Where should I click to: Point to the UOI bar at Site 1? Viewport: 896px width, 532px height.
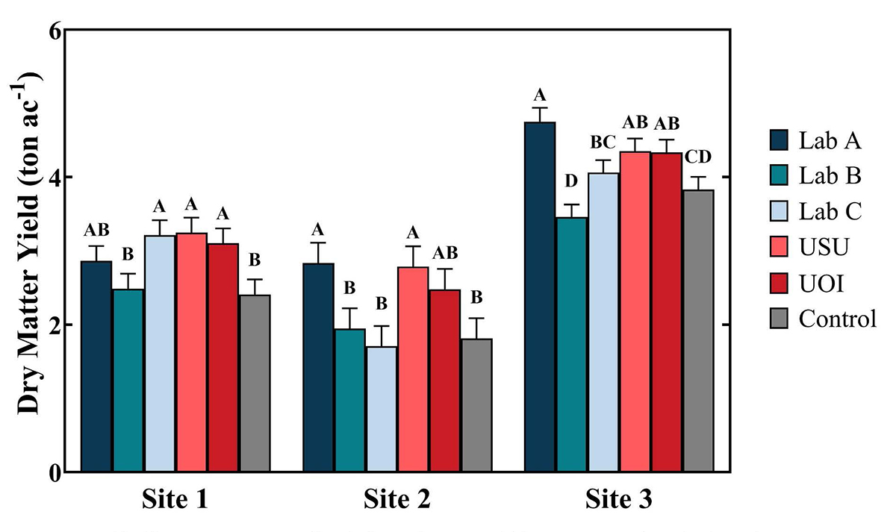tap(223, 357)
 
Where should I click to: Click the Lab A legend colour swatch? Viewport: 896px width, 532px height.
tap(780, 140)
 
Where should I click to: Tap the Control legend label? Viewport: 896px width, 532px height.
tap(836, 319)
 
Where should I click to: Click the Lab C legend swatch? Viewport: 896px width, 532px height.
tap(780, 212)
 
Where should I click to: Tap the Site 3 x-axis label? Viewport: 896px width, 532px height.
tap(618, 498)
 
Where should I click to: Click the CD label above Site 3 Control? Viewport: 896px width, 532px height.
tap(698, 157)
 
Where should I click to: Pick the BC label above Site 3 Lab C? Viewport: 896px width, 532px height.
tap(603, 140)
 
